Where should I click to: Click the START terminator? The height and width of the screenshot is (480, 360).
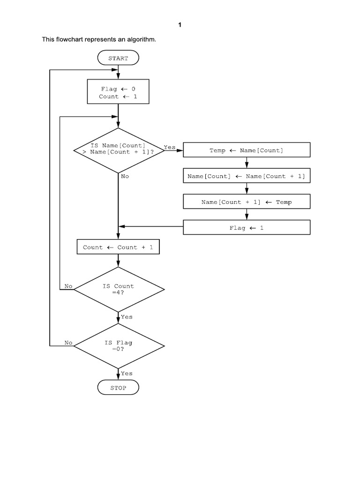(118, 59)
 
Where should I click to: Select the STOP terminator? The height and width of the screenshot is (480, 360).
(118, 388)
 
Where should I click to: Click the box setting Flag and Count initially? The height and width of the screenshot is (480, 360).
(118, 92)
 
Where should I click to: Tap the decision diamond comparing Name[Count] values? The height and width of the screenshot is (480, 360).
(119, 150)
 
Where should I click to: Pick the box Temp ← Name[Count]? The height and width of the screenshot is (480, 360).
(246, 150)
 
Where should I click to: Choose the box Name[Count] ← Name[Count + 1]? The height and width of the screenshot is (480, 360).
(246, 176)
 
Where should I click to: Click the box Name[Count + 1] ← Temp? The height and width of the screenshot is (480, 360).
(246, 202)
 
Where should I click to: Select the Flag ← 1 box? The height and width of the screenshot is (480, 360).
(246, 228)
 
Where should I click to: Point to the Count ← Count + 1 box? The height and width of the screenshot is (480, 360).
(118, 247)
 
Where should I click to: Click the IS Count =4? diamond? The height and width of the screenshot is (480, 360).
(119, 289)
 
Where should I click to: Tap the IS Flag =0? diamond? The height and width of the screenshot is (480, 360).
(119, 346)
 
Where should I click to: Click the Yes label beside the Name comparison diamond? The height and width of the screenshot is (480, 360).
(169, 147)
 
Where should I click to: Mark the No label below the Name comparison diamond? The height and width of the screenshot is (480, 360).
(125, 176)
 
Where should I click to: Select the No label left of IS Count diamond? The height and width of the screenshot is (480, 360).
(68, 286)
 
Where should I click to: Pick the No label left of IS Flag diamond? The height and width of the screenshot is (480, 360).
(68, 343)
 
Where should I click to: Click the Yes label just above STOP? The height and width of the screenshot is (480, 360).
(127, 374)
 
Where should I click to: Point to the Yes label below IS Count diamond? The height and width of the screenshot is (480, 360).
(127, 317)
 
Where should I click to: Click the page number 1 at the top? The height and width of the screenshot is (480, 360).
(180, 26)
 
